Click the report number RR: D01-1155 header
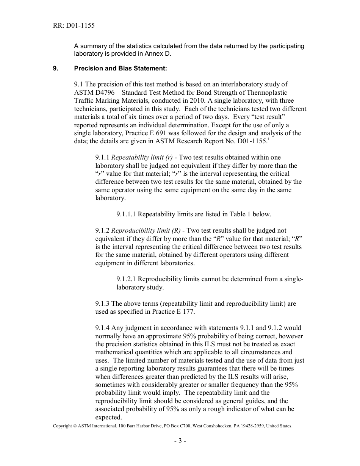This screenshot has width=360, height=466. pyautogui.click(x=74, y=26)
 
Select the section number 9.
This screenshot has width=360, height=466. pyautogui.click(x=55, y=69)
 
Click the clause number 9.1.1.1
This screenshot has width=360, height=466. pyautogui.click(x=126, y=214)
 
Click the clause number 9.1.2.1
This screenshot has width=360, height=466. pyautogui.click(x=126, y=279)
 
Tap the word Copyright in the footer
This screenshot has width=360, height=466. pyautogui.click(x=63, y=426)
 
